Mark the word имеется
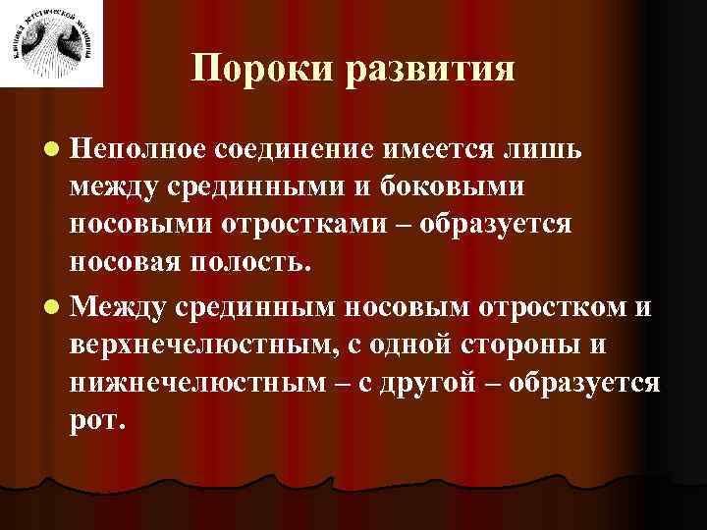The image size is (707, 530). (x=444, y=147)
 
